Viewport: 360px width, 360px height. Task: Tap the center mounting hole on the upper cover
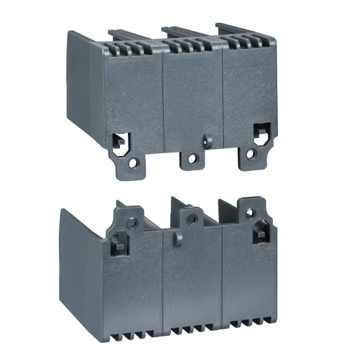[x=193, y=158]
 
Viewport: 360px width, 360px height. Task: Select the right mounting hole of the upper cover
[x=251, y=154]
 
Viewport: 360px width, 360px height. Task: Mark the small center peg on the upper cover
[x=208, y=141]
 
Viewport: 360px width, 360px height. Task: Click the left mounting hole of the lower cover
[x=132, y=223]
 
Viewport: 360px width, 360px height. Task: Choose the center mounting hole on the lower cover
[x=191, y=220]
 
